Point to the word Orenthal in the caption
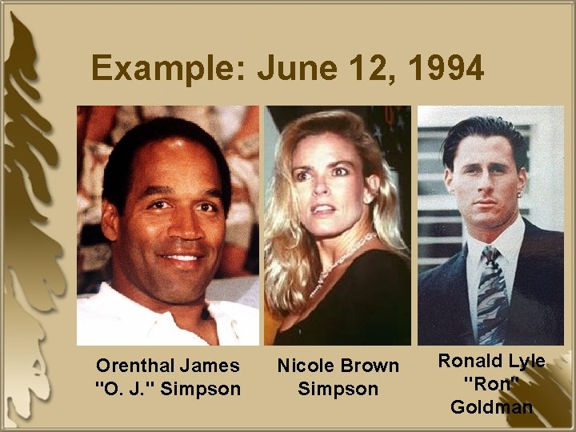[x=134, y=366]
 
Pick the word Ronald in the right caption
[x=469, y=361]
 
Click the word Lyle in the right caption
[x=526, y=361]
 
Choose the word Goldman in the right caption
[x=491, y=406]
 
